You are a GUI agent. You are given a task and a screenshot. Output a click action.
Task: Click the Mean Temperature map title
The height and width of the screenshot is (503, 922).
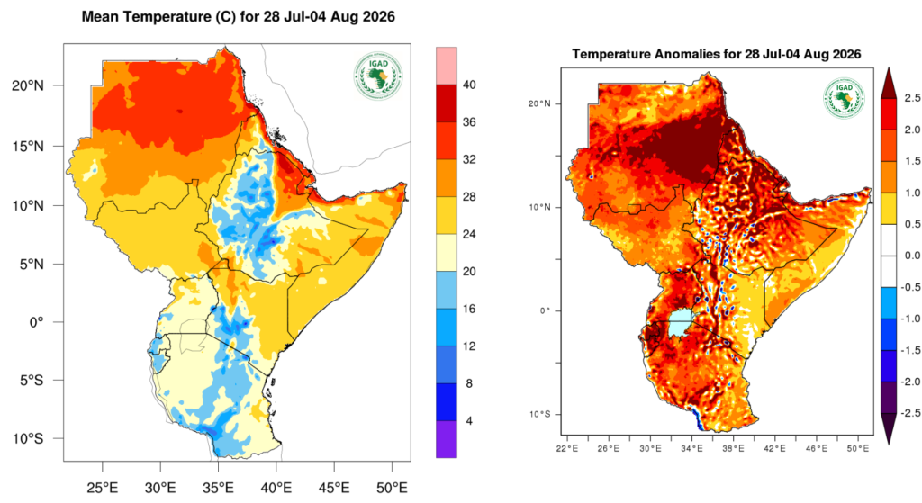[238, 17]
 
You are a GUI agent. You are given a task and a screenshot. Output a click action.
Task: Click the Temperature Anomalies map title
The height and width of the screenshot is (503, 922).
[716, 55]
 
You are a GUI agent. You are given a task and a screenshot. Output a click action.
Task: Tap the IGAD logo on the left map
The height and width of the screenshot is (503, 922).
[378, 76]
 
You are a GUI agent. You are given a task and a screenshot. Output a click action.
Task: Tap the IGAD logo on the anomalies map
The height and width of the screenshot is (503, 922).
[844, 98]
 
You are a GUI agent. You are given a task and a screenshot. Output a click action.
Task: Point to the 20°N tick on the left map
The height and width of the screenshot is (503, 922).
[28, 85]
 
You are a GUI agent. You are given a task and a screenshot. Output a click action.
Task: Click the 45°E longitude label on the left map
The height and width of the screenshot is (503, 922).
[334, 487]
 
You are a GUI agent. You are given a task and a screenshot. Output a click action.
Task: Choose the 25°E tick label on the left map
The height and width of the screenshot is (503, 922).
[103, 487]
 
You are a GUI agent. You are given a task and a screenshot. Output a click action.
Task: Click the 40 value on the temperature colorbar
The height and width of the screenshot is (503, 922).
[469, 85]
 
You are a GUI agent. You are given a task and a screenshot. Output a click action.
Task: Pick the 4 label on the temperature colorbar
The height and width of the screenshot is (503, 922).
[468, 421]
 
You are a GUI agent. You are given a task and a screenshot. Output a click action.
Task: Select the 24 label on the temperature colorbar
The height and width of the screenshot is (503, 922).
[469, 235]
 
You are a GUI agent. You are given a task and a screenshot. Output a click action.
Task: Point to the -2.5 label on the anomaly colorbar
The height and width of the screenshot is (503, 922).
[911, 413]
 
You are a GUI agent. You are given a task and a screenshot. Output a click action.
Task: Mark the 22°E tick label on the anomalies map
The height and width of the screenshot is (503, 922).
[567, 449]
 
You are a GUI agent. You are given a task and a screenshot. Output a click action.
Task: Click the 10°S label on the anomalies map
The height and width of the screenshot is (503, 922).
[540, 414]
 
